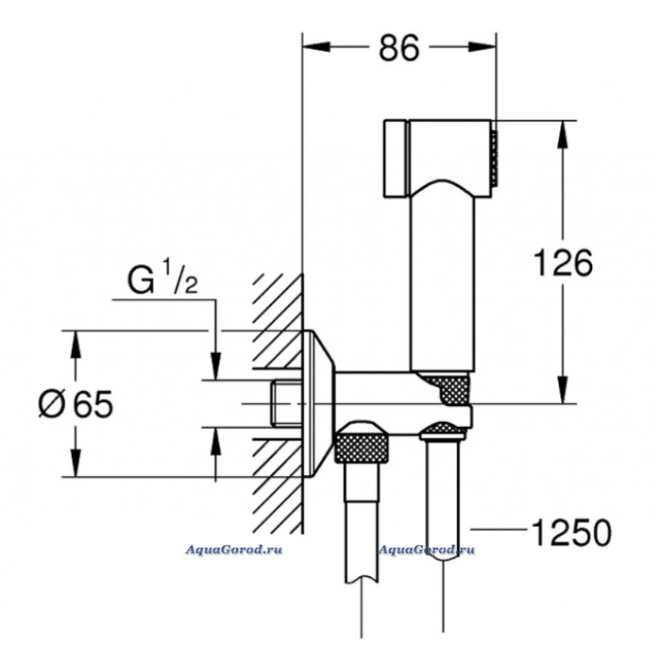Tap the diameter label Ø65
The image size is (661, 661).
(x=76, y=404)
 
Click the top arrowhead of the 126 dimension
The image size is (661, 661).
(x=564, y=128)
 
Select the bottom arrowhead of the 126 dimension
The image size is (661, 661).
(x=564, y=396)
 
